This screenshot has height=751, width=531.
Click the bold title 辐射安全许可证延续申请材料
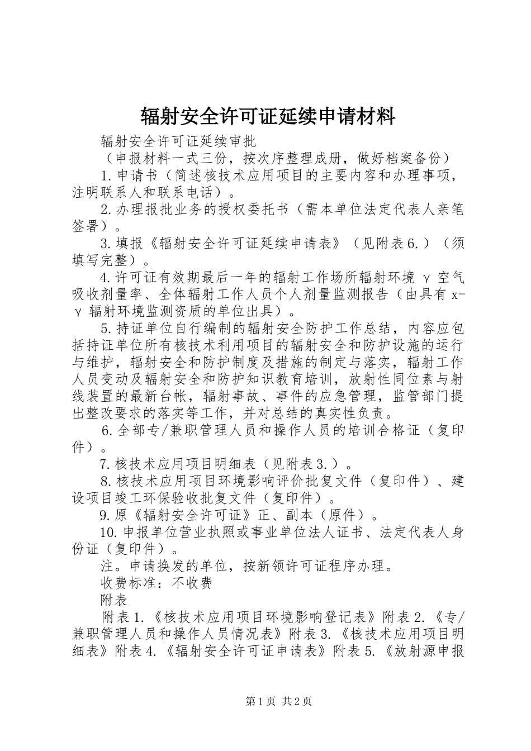click(268, 117)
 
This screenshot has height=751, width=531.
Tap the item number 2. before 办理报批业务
click(107, 210)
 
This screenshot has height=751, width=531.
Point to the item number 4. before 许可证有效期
click(107, 277)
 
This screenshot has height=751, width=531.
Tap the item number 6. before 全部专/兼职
click(108, 430)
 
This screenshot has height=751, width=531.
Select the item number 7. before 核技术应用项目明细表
click(106, 464)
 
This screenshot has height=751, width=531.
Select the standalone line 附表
click(114, 600)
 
